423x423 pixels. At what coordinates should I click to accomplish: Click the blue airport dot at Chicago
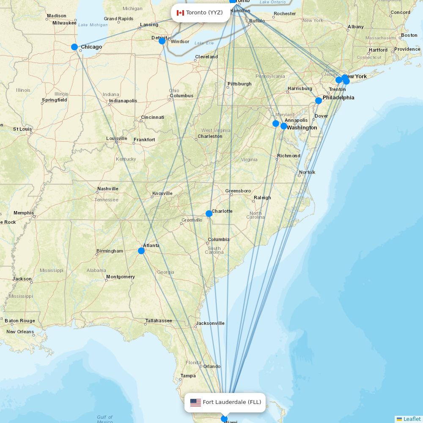[x=74, y=47]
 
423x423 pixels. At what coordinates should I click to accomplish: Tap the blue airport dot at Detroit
[x=162, y=41]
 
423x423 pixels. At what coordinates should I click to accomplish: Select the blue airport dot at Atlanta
[x=141, y=251]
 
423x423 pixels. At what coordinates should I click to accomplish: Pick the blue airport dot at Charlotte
[x=209, y=214]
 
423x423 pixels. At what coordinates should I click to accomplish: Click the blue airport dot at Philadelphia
[x=319, y=101]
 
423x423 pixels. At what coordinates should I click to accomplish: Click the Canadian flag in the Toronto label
[x=180, y=13]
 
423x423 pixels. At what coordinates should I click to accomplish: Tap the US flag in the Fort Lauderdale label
[x=195, y=402]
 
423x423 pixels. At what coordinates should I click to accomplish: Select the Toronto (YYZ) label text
[x=204, y=13]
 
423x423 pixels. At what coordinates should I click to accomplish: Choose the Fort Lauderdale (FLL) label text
[x=232, y=402]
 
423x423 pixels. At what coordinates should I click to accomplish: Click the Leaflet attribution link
[x=412, y=419]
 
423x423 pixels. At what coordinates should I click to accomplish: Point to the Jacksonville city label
[x=210, y=323]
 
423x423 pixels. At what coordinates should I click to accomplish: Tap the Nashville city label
[x=107, y=189]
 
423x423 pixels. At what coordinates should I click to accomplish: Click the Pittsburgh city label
[x=239, y=84]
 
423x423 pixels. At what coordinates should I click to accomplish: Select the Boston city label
[x=409, y=35]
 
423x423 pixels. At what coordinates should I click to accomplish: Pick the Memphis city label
[x=24, y=213]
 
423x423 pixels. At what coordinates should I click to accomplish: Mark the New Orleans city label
[x=20, y=332]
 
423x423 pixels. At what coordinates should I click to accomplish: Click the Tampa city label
[x=188, y=376]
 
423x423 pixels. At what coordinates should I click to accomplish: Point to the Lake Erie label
[x=204, y=43]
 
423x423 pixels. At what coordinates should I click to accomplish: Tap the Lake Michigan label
[x=93, y=25]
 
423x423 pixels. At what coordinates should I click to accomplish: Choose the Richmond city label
[x=288, y=156]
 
